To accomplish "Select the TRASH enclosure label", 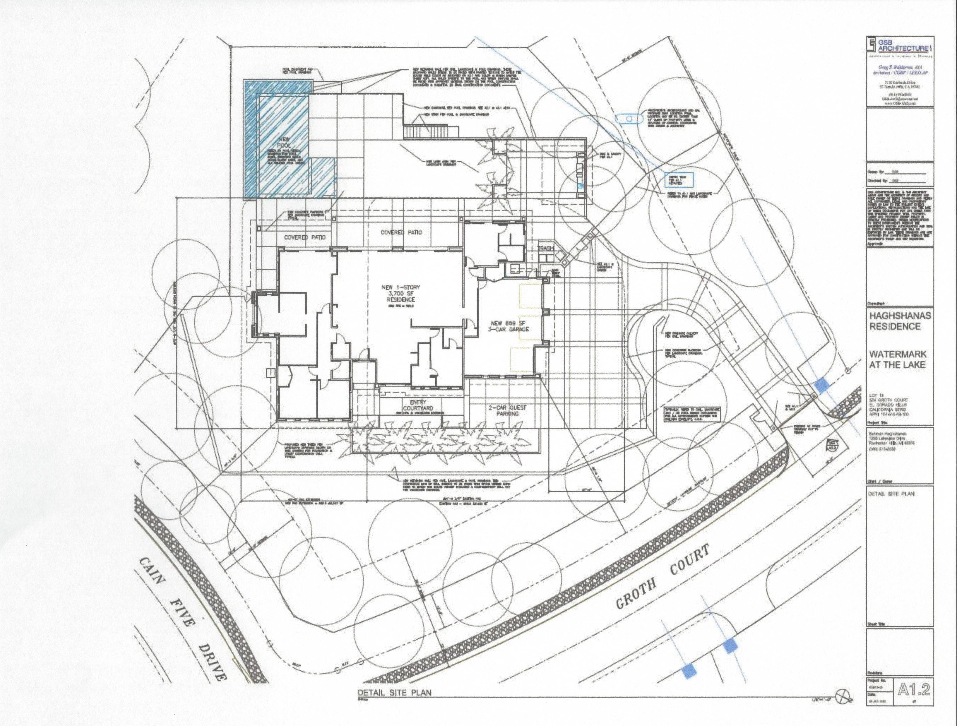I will (546, 248).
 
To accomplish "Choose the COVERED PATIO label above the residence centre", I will (401, 232).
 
